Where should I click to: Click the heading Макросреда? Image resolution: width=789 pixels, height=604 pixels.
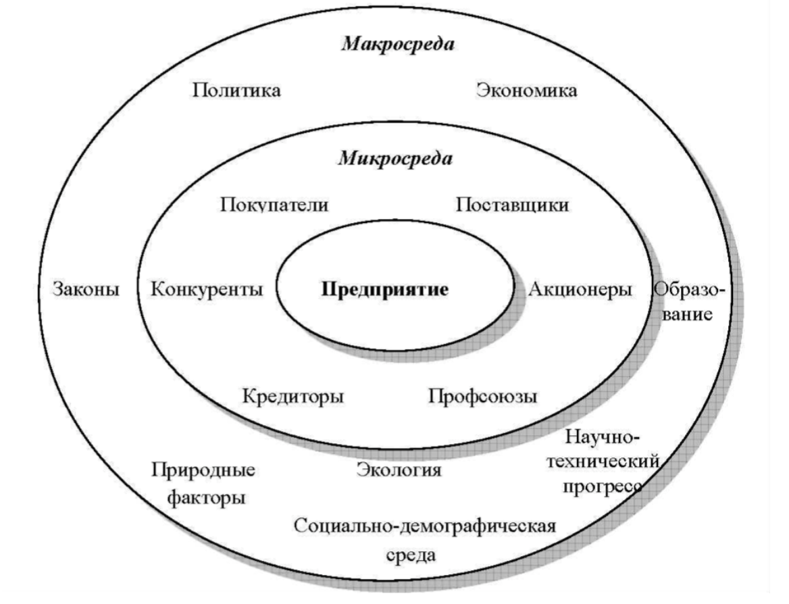click(x=397, y=45)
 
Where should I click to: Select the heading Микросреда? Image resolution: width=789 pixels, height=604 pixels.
click(x=395, y=159)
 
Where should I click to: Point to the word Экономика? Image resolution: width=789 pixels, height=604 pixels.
click(x=526, y=90)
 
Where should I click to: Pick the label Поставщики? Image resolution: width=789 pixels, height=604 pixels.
click(x=511, y=204)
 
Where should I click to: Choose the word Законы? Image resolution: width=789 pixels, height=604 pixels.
click(x=86, y=290)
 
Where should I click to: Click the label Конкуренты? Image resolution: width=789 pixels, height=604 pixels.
click(x=207, y=290)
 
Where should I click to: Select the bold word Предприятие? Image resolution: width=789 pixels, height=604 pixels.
click(x=385, y=290)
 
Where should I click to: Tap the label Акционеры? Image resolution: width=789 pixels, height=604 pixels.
click(x=580, y=290)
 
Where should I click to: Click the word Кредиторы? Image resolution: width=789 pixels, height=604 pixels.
click(x=292, y=395)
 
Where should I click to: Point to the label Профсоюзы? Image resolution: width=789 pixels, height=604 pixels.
click(x=482, y=395)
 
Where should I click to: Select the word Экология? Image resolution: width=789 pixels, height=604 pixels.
click(x=399, y=469)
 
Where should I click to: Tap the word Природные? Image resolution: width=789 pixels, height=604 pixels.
click(x=203, y=469)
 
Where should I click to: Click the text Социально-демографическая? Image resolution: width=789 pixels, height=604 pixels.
click(x=425, y=526)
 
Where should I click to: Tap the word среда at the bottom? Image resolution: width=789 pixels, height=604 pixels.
click(x=411, y=555)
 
